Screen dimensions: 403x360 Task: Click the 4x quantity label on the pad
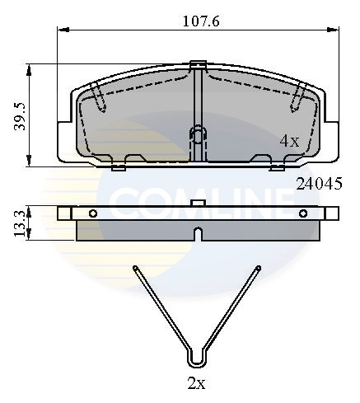289,141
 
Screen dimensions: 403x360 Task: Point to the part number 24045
318,185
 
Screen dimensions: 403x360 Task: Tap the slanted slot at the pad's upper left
99,99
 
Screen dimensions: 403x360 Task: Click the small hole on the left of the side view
93,213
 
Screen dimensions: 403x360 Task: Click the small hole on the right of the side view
302,213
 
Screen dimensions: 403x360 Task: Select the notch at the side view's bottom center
198,234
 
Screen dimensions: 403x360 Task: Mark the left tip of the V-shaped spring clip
135,267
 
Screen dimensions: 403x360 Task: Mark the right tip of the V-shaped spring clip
259,267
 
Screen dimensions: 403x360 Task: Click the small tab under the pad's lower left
117,167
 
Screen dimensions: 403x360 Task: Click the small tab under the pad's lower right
278,167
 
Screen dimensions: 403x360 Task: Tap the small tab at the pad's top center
198,64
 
